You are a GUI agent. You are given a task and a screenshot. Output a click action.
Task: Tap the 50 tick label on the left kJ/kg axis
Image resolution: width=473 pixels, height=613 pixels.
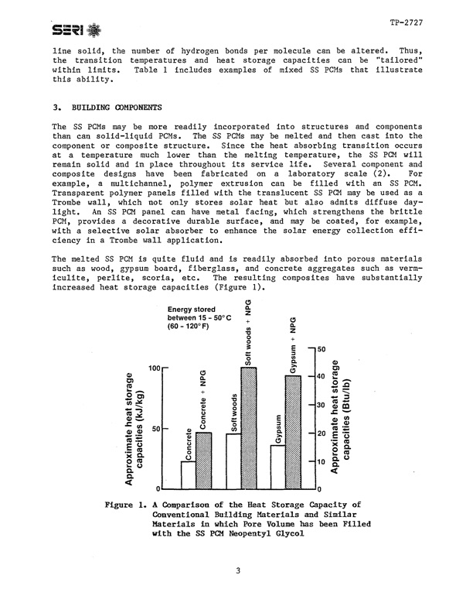pos(157,429)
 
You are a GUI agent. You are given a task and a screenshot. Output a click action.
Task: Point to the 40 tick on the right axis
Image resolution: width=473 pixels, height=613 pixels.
pos(319,375)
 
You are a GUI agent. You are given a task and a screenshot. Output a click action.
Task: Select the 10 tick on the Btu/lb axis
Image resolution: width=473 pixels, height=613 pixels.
pos(319,461)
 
